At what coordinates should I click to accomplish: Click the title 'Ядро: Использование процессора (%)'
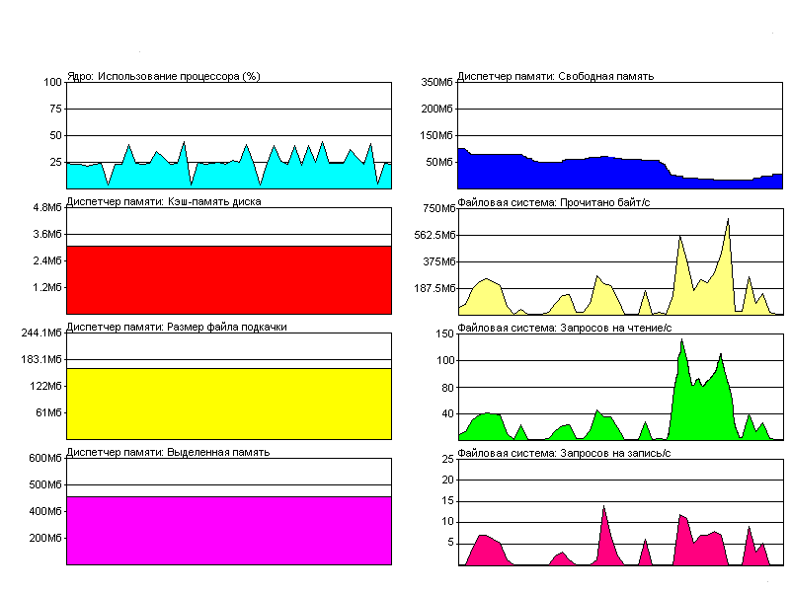[x=163, y=76]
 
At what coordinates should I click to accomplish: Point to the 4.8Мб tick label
[x=47, y=207]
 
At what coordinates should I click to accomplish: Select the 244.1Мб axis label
[x=41, y=333]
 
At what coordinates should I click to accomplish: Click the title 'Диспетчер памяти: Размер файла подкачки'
[x=177, y=327]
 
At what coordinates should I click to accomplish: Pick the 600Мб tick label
[x=45, y=458]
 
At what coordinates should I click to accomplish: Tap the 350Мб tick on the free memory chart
[x=436, y=82]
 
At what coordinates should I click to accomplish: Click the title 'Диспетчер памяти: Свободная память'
[x=556, y=76]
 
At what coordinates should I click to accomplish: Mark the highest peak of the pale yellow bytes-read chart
[x=728, y=220]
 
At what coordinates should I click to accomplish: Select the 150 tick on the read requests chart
[x=443, y=334]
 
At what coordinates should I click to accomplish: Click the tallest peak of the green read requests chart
[x=682, y=340]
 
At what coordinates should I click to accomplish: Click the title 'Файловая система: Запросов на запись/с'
[x=565, y=453]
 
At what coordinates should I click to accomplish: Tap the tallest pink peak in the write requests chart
[x=603, y=507]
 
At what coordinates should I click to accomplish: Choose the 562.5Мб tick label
[x=434, y=235]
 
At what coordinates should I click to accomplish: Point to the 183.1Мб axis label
[x=41, y=359]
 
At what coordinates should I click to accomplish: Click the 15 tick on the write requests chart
[x=446, y=500]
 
